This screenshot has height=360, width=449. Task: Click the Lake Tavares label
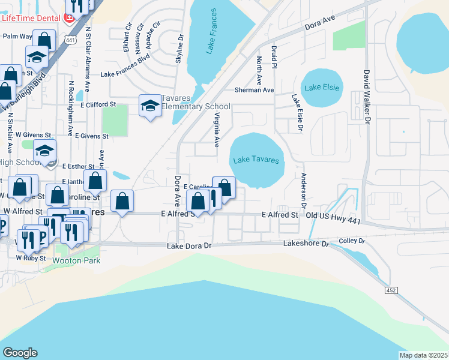pos(256,160)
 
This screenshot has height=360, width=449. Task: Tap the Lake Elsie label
pos(322,88)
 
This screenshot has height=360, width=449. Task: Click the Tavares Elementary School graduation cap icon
pos(149,106)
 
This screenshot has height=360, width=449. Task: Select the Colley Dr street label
pos(352,241)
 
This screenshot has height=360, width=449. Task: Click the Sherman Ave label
pos(254,90)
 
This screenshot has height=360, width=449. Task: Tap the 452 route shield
pos(391,290)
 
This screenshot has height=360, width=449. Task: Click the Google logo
pos(20,353)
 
